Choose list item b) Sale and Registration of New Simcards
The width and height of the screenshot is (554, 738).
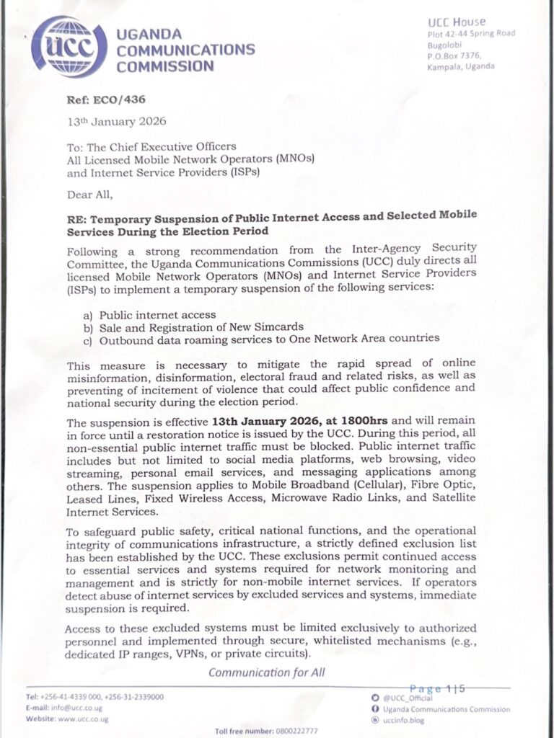194,326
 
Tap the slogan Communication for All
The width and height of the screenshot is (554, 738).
266,672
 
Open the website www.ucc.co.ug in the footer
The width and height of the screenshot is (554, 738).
83,719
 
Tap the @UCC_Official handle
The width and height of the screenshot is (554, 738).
407,698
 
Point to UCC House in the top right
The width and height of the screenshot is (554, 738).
457,22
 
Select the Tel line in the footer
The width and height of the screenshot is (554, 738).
94,697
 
